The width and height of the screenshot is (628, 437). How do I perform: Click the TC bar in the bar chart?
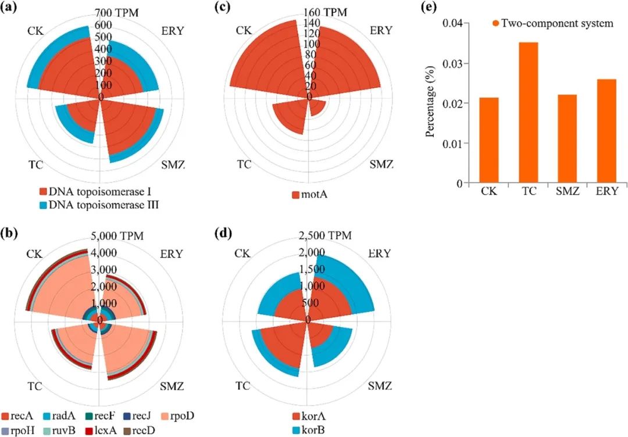(528, 113)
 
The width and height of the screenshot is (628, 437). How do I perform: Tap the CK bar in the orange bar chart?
(489, 140)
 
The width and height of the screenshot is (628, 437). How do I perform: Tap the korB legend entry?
(312, 430)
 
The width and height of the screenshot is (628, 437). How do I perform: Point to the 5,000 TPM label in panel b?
(119, 235)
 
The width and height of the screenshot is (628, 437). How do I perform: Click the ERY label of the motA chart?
(381, 30)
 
